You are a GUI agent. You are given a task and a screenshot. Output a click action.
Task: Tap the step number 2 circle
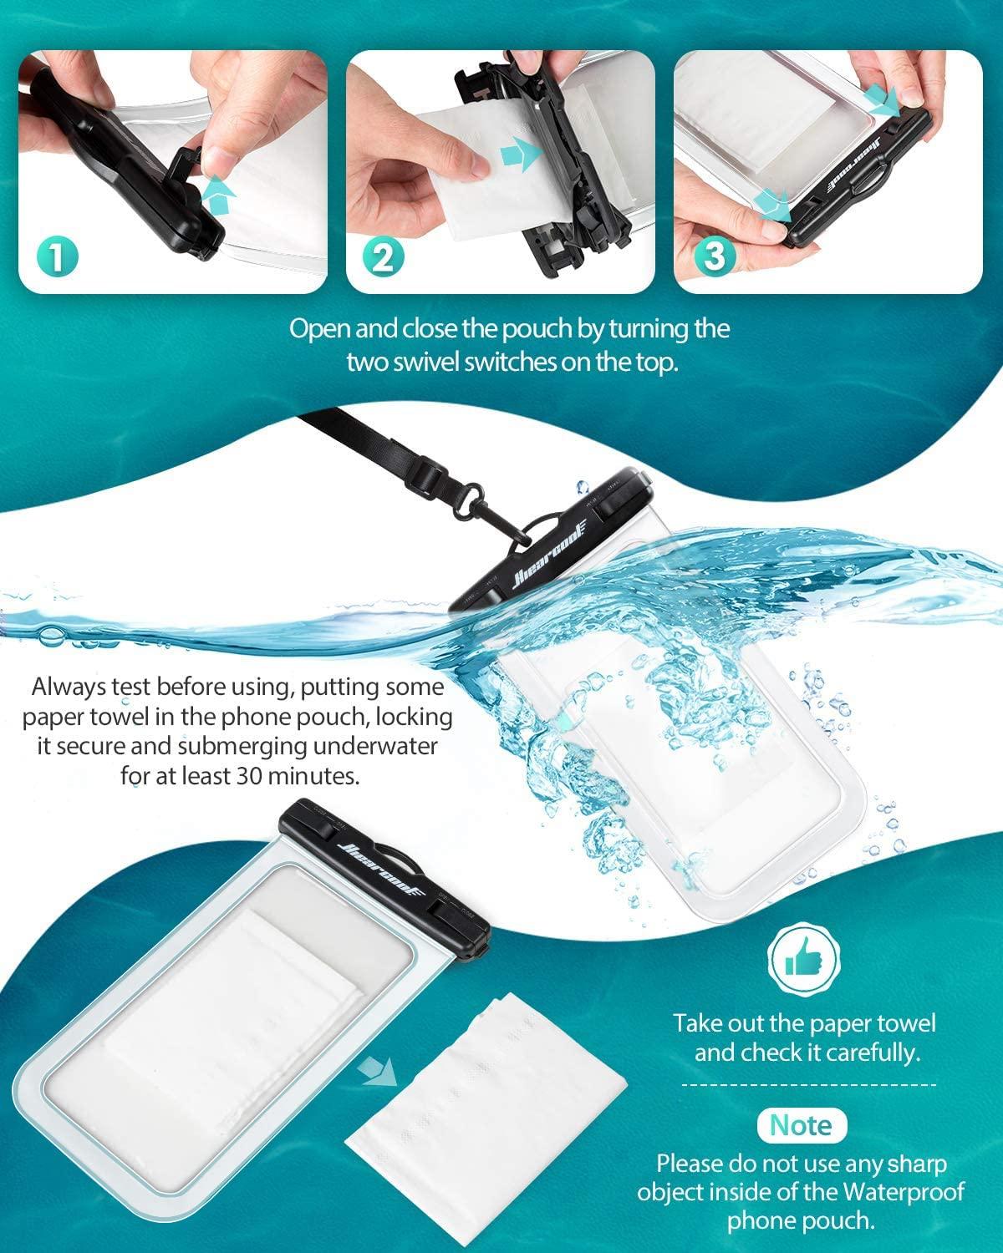point(383,256)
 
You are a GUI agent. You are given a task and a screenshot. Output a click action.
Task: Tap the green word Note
point(800,1124)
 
